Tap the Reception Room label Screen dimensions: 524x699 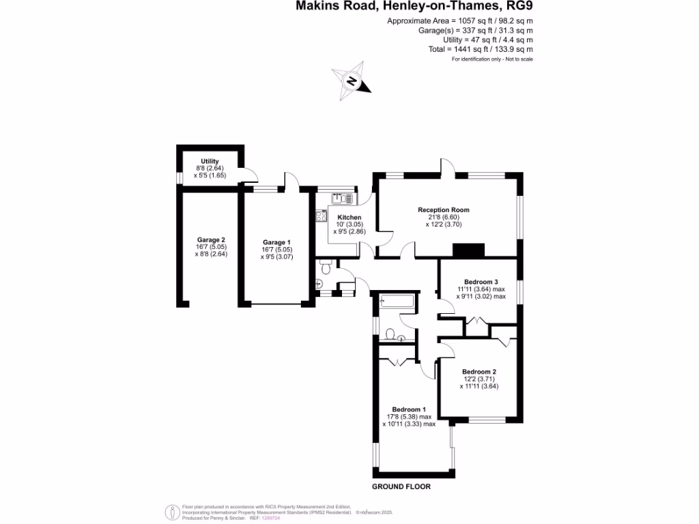(x=444, y=210)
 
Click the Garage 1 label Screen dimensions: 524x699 (x=276, y=242)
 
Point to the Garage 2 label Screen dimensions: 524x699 (x=211, y=240)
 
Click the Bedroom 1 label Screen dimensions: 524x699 (x=408, y=409)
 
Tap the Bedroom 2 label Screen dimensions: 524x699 (x=479, y=372)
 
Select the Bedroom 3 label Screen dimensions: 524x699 (x=481, y=282)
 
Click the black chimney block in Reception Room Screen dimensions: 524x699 (x=469, y=250)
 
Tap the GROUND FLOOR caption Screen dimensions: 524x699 (x=401, y=487)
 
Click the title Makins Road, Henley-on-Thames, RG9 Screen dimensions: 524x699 (x=414, y=7)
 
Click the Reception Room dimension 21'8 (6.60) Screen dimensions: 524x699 (x=444, y=217)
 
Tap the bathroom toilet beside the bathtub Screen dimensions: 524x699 (x=391, y=334)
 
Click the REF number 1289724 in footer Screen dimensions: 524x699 (x=271, y=518)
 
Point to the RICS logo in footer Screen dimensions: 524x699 (x=171, y=512)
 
